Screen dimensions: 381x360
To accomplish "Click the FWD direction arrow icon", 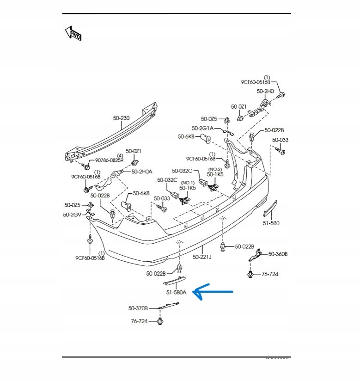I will pos(73,33).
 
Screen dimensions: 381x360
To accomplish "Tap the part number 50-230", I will pos(121,118).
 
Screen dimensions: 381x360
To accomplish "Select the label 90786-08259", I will pos(110,160).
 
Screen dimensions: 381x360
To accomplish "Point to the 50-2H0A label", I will pos(141,172).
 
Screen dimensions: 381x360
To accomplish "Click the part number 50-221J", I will pos(202,257).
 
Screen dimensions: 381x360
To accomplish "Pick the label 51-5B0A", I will pos(177,292).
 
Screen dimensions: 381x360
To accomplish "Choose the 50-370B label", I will pos(138,308).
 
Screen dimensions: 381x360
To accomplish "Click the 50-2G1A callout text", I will pos(202,128).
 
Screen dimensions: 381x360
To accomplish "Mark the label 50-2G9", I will pos(72,214).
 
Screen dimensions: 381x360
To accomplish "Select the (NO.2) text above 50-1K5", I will pos(215,169).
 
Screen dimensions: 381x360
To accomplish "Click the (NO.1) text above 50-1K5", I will pos(187,183).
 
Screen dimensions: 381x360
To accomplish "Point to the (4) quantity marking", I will pos(119,155).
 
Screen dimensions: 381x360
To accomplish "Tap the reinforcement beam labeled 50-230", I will pos(111,134).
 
